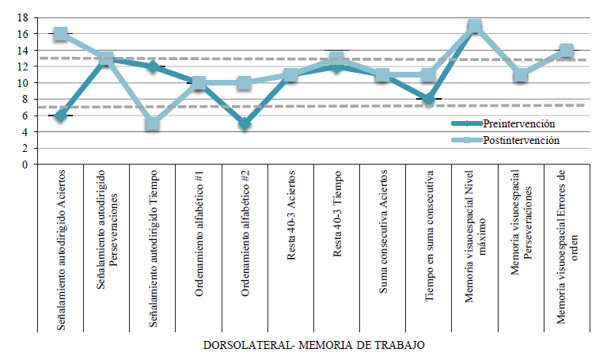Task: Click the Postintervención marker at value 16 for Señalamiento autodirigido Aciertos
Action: coord(61,34)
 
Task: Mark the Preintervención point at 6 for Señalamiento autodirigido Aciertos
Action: coord(61,116)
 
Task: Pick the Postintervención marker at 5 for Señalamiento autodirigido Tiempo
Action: coord(153,123)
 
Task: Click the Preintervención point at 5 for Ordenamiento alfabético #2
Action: coord(245,123)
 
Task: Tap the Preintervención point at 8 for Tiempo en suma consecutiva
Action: coord(428,99)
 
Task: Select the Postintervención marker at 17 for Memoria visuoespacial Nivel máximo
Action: coord(474,26)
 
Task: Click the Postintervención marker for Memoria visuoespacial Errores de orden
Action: coord(566,51)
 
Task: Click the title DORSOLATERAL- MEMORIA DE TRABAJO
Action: coord(313,346)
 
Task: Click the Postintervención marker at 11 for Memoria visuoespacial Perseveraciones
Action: coord(520,75)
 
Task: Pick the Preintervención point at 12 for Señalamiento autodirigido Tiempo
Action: coord(153,66)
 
